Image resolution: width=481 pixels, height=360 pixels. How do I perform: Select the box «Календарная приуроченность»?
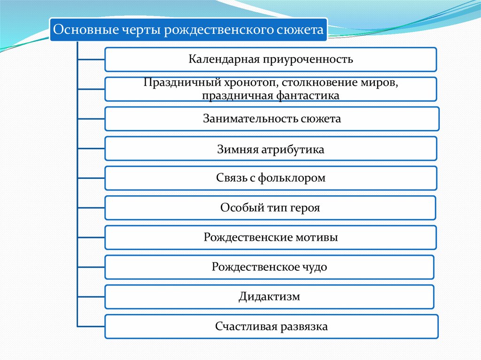pyautogui.click(x=271, y=60)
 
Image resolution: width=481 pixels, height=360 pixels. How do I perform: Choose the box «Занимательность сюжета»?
pyautogui.click(x=272, y=119)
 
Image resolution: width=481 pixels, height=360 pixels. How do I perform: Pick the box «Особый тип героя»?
pyautogui.click(x=270, y=207)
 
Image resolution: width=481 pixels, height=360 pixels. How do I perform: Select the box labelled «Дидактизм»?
pyautogui.click(x=269, y=297)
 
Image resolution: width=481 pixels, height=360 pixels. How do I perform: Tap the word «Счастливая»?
pyautogui.click(x=246, y=327)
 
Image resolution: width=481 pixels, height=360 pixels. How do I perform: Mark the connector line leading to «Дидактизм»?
pyautogui.click(x=90, y=297)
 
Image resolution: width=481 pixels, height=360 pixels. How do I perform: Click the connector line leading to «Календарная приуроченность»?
pyautogui.click(x=90, y=60)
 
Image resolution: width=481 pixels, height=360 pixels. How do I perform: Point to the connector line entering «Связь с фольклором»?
pyautogui.click(x=90, y=178)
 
